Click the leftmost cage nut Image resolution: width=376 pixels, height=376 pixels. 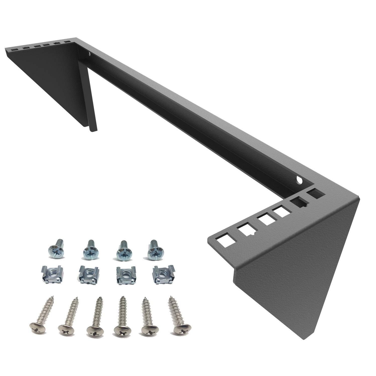[x=50, y=274]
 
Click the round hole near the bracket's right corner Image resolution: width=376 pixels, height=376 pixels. [x=299, y=180]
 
